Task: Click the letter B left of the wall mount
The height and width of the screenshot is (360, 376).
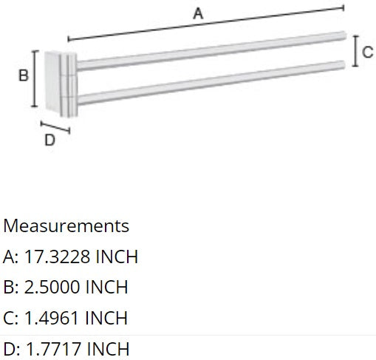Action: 23,75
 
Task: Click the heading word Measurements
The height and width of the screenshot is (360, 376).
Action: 66,225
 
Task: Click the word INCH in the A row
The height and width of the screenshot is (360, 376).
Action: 113,257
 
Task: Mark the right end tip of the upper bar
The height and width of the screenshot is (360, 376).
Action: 343,34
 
